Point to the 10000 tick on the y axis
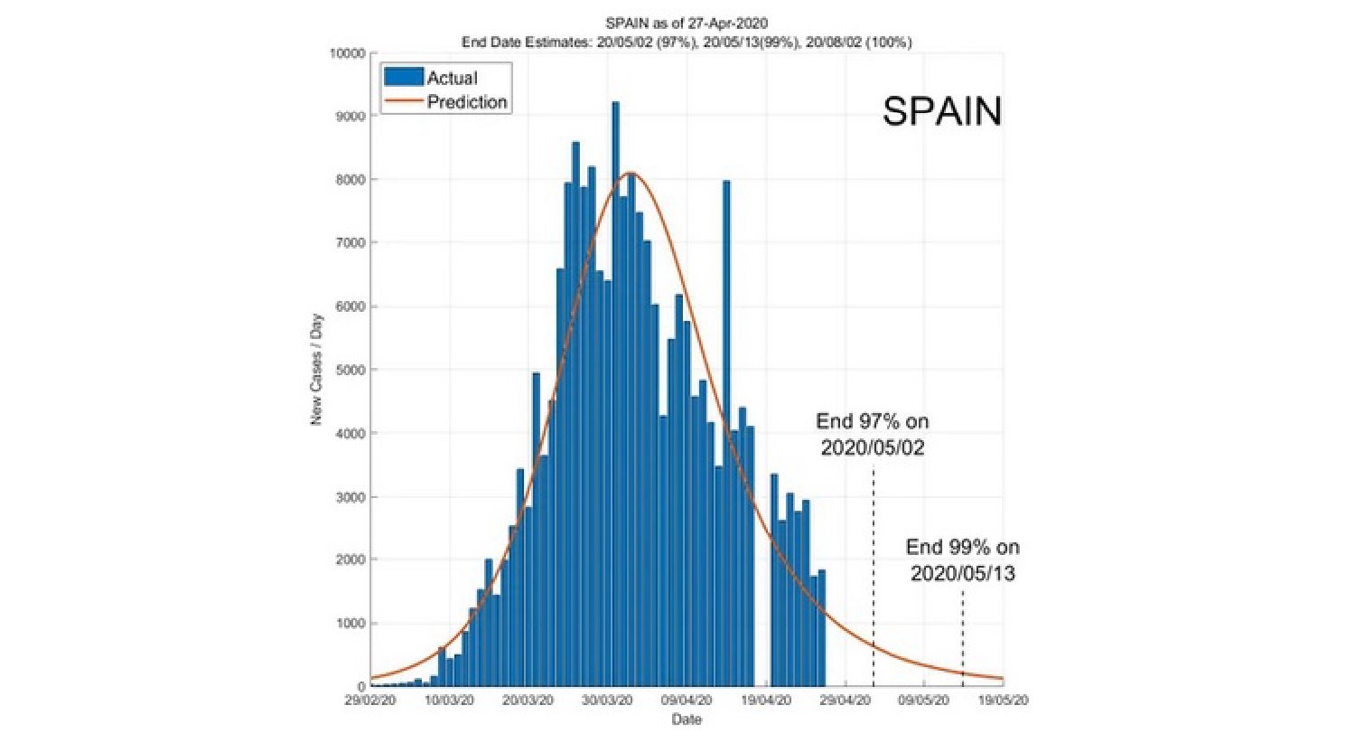pos(347,53)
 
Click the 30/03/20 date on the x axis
pos(607,701)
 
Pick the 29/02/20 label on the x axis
pos(370,701)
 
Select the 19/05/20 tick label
pos(1003,701)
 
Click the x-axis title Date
pos(687,719)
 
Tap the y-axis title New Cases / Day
pos(316,370)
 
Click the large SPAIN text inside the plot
pos(942,111)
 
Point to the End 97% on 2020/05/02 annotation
pos(873,434)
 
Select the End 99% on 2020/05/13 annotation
pos(963,560)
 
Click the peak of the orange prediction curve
pos(631,174)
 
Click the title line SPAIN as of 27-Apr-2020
pos(687,23)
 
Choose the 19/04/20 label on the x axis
pos(766,701)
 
